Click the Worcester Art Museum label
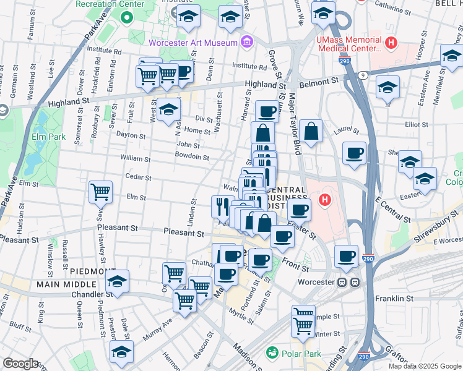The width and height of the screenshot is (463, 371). point(193,43)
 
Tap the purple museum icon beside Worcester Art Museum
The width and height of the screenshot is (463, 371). point(246,42)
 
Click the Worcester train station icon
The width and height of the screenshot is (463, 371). point(348,282)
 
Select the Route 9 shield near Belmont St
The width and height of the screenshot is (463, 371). point(364,74)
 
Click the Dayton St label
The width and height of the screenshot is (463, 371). point(131,135)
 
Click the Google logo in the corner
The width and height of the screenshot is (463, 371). point(20,363)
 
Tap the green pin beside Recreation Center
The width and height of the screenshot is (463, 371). point(127,17)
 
